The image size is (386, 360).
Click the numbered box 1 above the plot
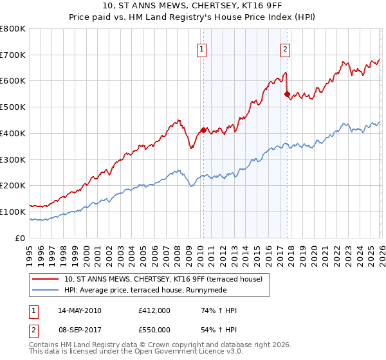click(x=202, y=48)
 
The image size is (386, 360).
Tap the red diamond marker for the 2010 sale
click(x=203, y=130)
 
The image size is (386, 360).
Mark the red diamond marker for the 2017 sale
click(x=287, y=94)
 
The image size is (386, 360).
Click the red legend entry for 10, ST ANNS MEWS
click(x=163, y=279)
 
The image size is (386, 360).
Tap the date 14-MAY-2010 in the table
click(x=80, y=310)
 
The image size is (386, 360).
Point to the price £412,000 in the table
click(x=154, y=310)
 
